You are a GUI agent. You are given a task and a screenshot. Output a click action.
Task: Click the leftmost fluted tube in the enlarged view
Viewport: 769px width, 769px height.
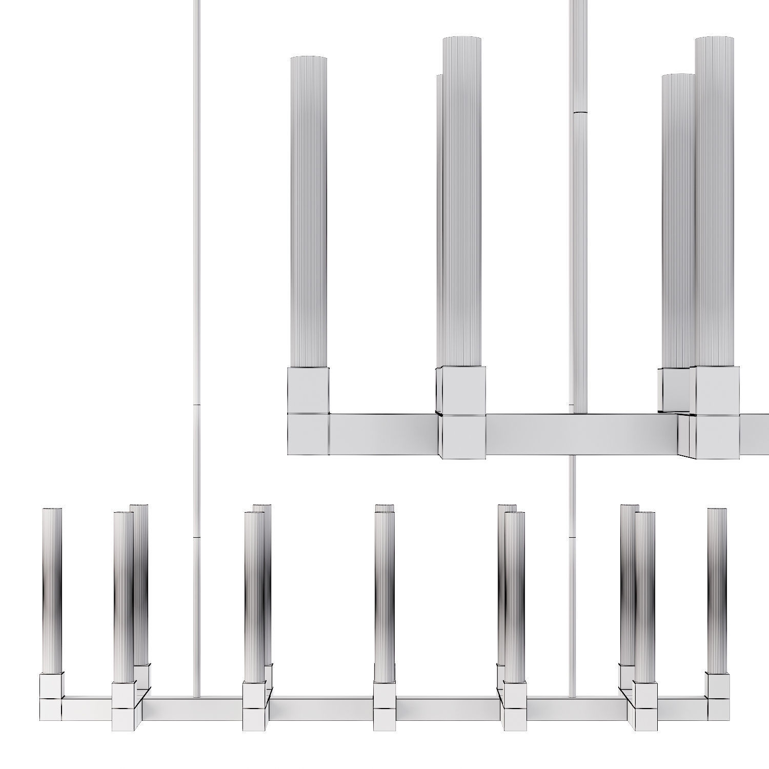coord(309,210)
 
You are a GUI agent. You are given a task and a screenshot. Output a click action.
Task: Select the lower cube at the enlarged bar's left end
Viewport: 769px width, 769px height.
coord(308,435)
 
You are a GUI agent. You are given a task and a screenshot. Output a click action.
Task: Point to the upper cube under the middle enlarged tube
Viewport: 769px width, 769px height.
coord(463,390)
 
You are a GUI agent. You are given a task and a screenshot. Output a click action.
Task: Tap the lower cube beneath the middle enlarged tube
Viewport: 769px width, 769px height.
coord(463,436)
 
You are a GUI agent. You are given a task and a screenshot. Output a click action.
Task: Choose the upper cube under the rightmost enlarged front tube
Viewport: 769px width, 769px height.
coord(718,391)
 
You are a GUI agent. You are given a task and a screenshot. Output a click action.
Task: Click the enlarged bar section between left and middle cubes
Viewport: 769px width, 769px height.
coord(383,434)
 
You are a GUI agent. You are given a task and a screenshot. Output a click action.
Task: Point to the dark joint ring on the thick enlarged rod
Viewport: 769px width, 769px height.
coord(580,112)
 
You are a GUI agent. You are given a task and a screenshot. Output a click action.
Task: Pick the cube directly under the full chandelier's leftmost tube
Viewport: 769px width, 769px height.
coord(52,685)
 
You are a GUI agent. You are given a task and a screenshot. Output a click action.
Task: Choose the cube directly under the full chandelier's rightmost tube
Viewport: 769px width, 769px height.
coord(717,685)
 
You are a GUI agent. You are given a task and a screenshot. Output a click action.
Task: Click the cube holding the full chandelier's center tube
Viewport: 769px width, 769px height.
coord(385,695)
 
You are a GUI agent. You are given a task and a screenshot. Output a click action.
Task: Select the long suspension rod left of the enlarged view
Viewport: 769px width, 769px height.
coord(196,256)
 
